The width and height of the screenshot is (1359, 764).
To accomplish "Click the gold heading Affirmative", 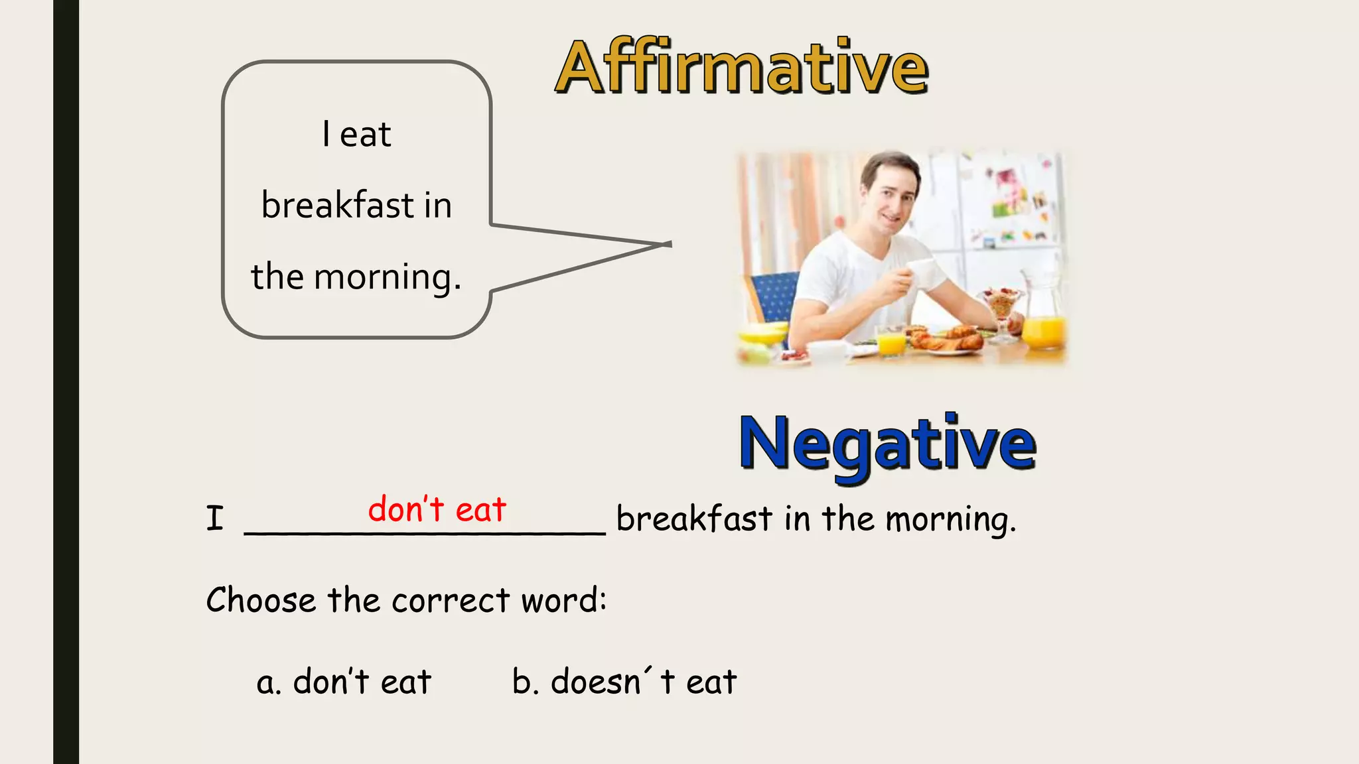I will (741, 67).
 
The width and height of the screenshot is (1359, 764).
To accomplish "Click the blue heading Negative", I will (887, 443).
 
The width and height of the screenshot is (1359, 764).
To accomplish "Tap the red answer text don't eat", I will (437, 510).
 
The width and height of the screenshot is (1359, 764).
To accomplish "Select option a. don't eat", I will (344, 682).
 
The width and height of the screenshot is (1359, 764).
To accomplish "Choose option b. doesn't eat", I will (624, 682).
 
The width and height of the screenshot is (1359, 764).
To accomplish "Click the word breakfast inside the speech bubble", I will (338, 205).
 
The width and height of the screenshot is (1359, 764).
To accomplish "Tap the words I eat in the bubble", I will (356, 135).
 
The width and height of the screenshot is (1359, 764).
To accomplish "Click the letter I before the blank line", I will (214, 519).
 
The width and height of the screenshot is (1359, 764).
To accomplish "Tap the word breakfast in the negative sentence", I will (694, 519).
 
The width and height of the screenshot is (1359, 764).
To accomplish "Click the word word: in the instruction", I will (564, 600).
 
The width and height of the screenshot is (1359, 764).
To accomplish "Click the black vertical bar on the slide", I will (66, 382).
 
